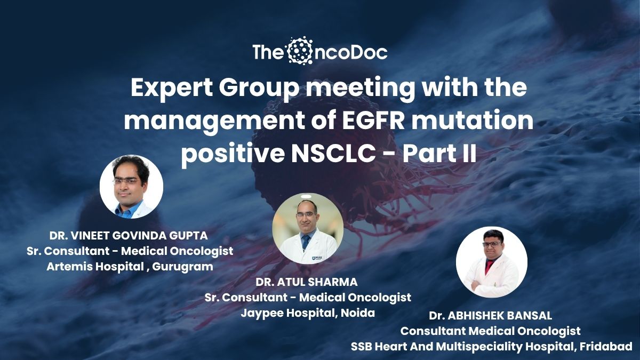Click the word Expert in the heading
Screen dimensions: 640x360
click(x=171, y=88)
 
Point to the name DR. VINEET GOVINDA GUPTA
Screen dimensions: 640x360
click(x=129, y=236)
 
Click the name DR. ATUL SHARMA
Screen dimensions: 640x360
click(x=307, y=282)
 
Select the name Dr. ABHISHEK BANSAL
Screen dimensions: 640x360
click(x=490, y=316)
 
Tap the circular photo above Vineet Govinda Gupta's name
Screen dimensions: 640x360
click(x=131, y=187)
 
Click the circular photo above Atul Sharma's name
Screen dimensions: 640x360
click(x=308, y=229)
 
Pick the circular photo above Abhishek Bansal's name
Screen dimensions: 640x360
click(x=491, y=262)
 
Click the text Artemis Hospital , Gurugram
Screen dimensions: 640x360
click(x=130, y=267)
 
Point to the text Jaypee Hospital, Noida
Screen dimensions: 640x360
click(x=308, y=313)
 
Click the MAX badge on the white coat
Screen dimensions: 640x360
click(x=317, y=258)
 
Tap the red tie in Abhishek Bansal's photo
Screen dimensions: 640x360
click(x=488, y=266)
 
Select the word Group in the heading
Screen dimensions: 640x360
click(x=260, y=88)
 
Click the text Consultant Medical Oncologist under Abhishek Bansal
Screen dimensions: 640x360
click(x=490, y=331)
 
